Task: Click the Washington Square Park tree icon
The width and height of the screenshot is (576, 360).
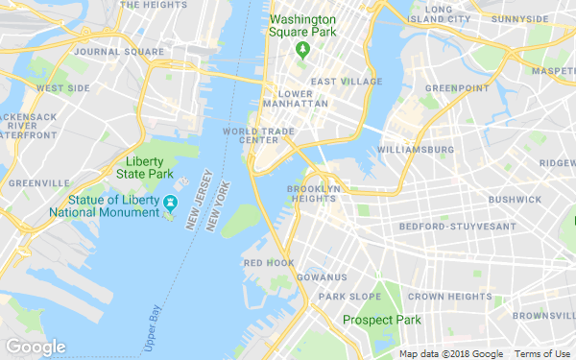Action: (x=302, y=49)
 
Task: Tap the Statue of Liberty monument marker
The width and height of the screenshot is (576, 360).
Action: (x=170, y=203)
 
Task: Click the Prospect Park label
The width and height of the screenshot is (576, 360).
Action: (x=382, y=320)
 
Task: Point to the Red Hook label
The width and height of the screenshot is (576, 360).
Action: (x=269, y=262)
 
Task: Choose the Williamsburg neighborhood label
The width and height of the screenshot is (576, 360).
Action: (x=416, y=150)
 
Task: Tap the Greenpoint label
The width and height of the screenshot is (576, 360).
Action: (x=451, y=88)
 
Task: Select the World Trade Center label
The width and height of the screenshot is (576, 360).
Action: (x=251, y=135)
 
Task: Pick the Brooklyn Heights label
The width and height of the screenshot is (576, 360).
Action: (x=314, y=194)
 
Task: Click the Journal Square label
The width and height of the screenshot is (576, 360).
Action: (x=105, y=51)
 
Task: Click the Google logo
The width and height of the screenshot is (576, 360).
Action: (x=36, y=347)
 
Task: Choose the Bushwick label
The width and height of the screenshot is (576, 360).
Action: (x=515, y=200)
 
